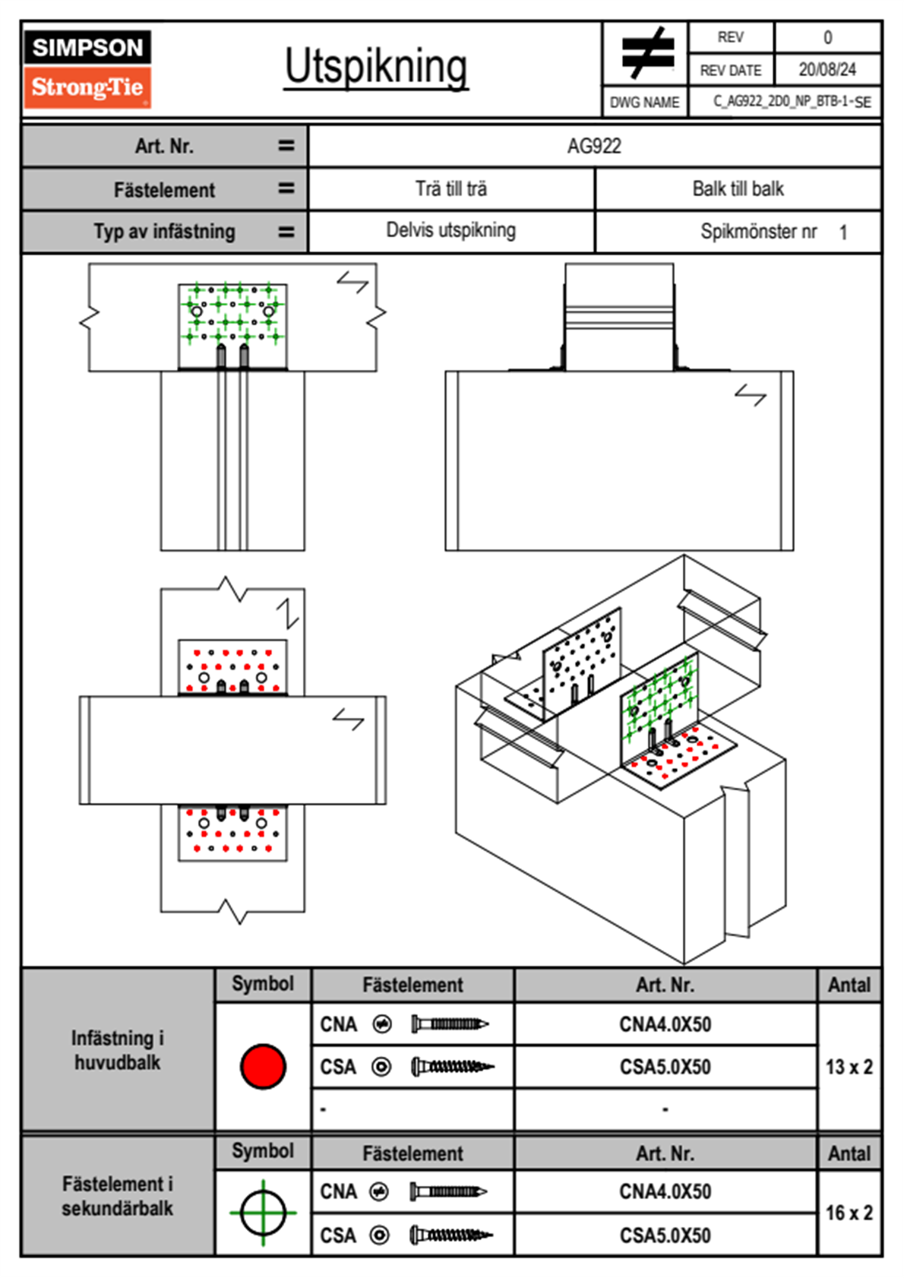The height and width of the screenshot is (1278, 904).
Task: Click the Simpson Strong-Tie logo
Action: click(87, 68)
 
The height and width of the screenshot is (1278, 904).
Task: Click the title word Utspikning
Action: click(376, 67)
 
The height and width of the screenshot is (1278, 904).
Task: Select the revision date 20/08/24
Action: click(827, 70)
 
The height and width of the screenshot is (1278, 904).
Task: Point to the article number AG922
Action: click(594, 146)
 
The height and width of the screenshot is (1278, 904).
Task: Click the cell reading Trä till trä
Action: click(451, 189)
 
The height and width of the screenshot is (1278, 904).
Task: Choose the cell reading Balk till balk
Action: click(738, 189)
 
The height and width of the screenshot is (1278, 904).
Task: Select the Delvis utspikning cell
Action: click(451, 231)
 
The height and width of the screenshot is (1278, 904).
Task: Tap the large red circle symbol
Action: click(263, 1066)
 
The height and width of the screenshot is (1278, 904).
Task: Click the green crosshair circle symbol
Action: click(263, 1213)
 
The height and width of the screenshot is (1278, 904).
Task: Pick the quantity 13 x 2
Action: click(849, 1068)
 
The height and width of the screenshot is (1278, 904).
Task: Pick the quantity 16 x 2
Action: click(849, 1213)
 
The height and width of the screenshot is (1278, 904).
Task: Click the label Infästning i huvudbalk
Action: click(118, 1050)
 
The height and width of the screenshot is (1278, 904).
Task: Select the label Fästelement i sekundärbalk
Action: click(118, 1196)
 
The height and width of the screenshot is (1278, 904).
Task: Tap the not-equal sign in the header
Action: click(646, 53)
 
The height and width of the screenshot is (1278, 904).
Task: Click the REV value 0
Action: click(827, 37)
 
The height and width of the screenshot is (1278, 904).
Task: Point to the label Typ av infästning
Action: click(164, 232)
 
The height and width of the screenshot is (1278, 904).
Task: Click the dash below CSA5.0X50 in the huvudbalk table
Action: click(665, 1110)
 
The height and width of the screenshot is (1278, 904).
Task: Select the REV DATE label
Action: click(730, 71)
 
